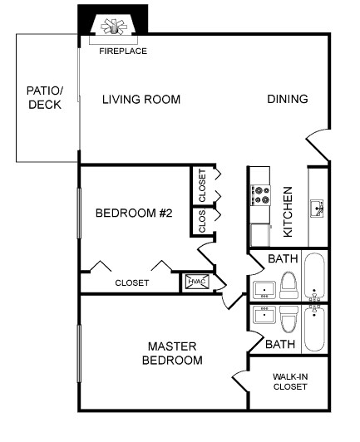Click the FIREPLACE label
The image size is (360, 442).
pos(123,52)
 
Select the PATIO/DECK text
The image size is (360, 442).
pos(44,97)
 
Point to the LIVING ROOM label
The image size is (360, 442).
pos(141,100)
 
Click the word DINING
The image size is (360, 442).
pos(288,100)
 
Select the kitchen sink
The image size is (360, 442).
pos(317,208)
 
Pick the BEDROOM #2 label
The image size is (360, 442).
pos(134,213)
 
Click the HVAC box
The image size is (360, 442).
pos(196,282)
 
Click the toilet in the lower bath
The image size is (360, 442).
pos(288,318)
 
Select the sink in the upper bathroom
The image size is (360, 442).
pos(264,289)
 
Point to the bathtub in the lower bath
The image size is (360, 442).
pos(315,329)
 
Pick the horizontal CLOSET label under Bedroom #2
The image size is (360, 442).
pos(131,283)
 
